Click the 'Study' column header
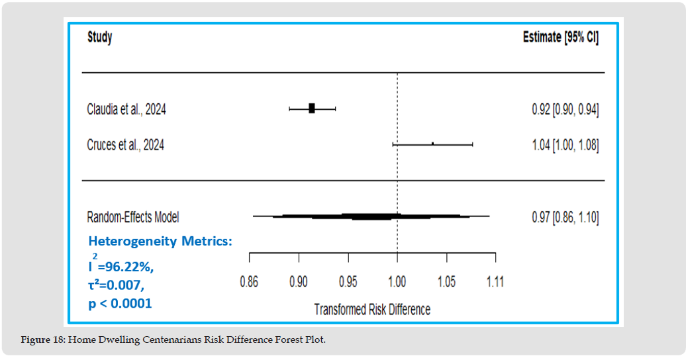(100, 38)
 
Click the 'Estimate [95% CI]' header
(560, 38)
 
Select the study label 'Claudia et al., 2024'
(126, 109)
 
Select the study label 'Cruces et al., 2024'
(125, 144)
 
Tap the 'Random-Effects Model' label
(133, 216)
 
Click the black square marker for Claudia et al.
(312, 109)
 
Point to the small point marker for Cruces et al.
(432, 144)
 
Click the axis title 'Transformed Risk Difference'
(371, 309)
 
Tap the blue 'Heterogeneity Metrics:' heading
(160, 242)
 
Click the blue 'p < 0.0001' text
(120, 304)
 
